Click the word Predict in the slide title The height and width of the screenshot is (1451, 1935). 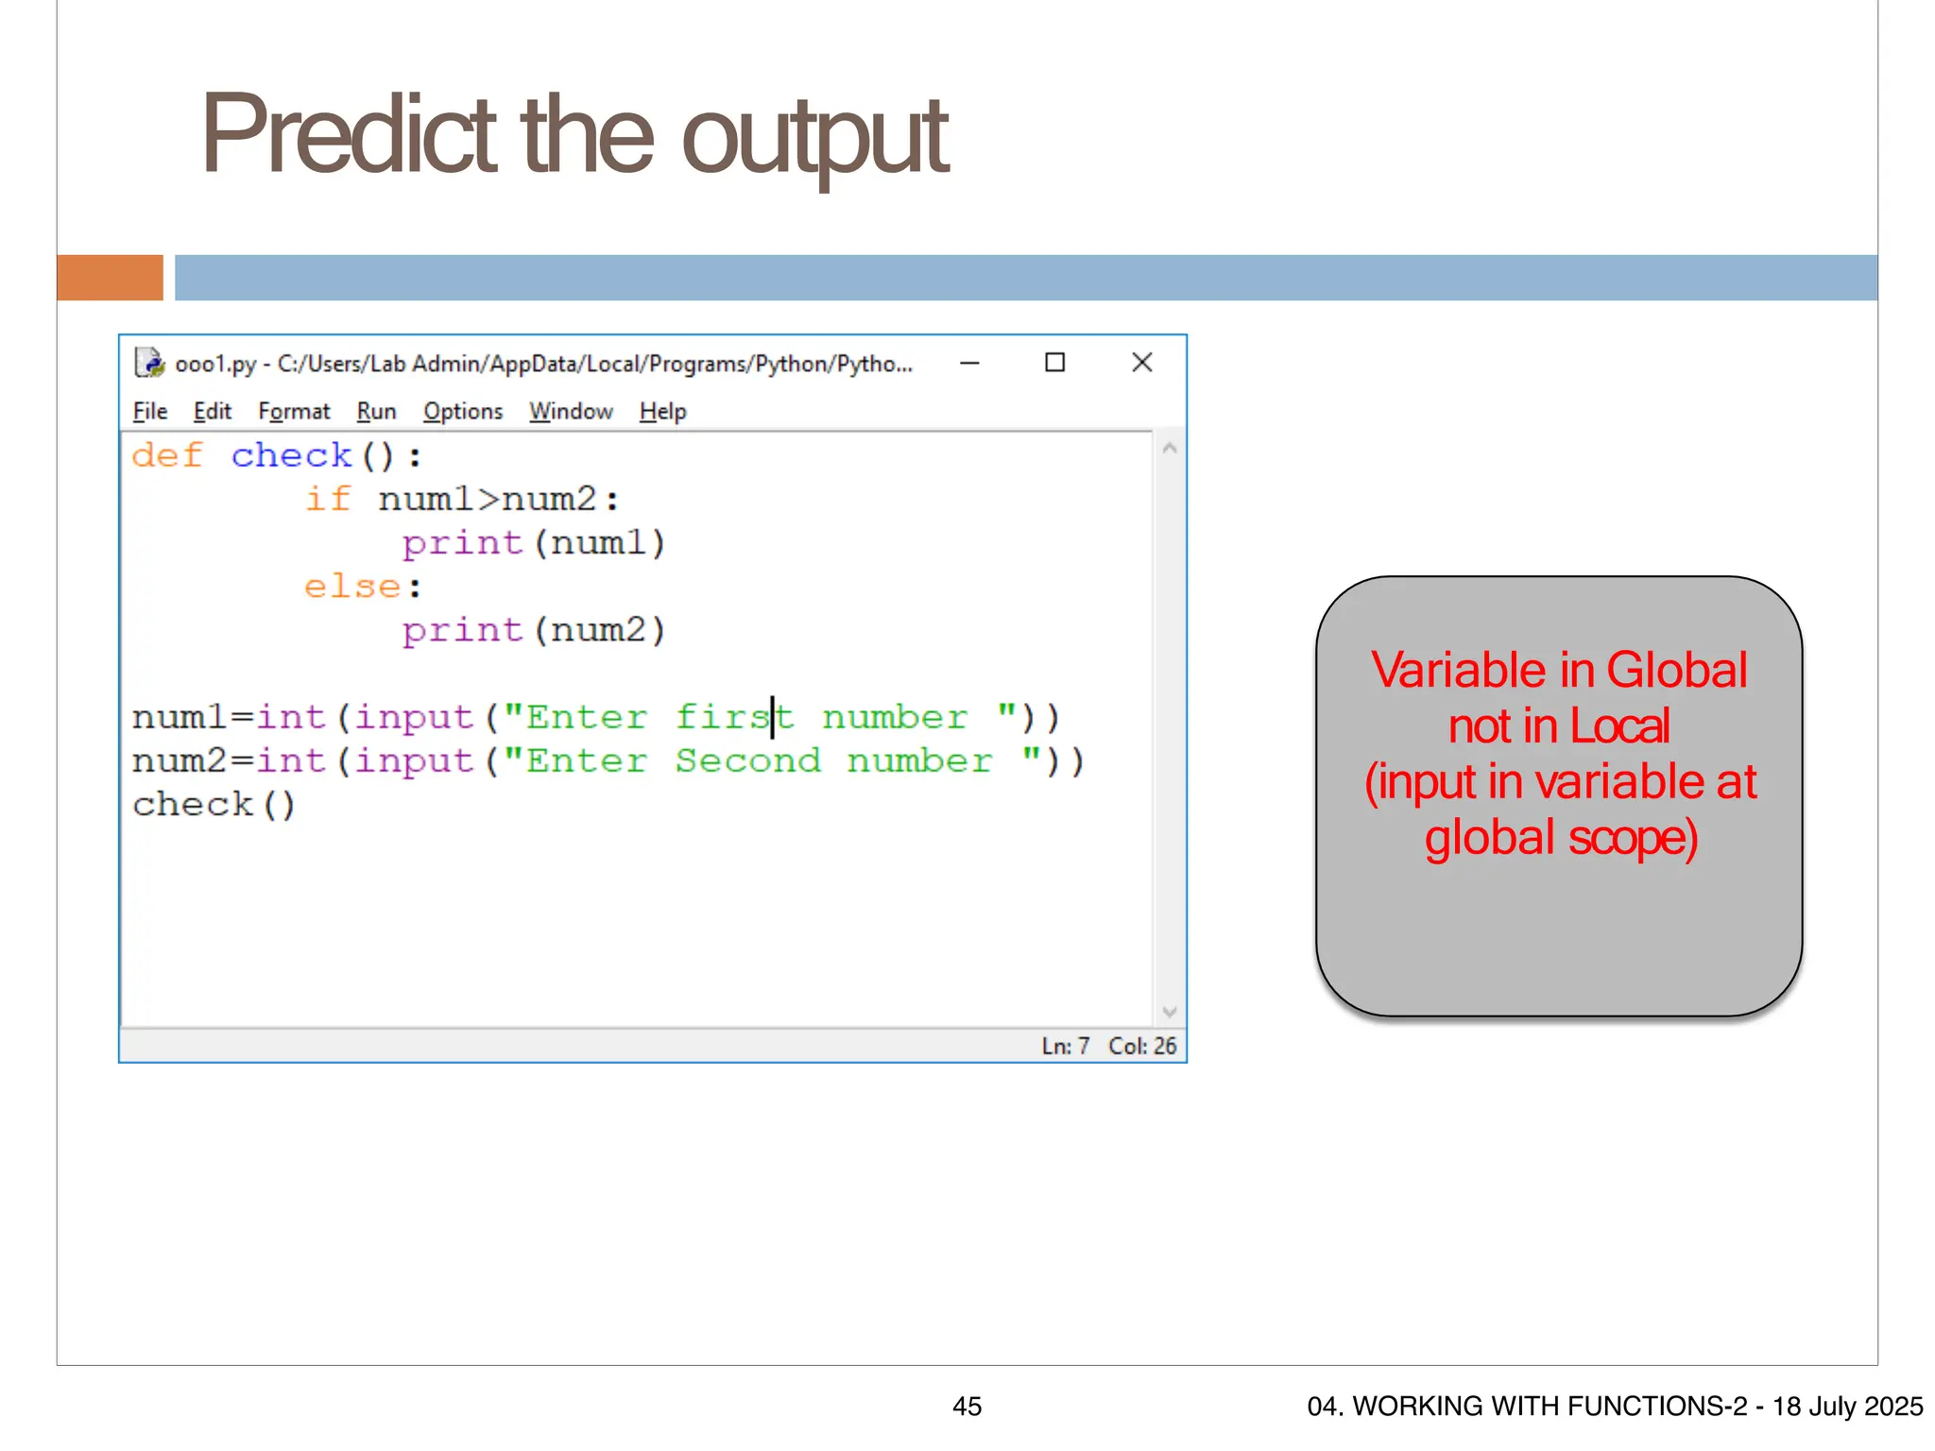tap(348, 135)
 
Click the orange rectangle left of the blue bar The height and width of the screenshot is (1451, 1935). tap(110, 278)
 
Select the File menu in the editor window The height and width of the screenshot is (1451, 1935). tap(150, 412)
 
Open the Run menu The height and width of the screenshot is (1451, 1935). tap(376, 412)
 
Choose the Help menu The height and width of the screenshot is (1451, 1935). tap(662, 412)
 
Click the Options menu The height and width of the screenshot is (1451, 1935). tap(463, 412)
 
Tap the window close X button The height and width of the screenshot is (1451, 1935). tap(1141, 363)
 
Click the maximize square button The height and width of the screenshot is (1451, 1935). tap(1054, 363)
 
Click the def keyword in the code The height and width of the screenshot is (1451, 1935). tap(167, 456)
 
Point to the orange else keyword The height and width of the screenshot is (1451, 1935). tap(352, 587)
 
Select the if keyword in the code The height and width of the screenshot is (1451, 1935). tap(328, 500)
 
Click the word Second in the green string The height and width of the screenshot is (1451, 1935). tap(747, 761)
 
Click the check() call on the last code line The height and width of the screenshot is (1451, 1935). tap(214, 805)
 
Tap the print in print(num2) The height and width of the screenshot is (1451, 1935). tap(462, 630)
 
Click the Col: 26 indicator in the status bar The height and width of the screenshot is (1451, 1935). tap(1142, 1047)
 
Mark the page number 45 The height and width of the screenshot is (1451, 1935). tap(967, 1407)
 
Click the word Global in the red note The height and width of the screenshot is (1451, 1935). tap(1676, 671)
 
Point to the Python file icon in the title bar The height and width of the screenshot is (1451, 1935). tap(149, 363)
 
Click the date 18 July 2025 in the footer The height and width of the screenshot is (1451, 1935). tap(1847, 1407)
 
